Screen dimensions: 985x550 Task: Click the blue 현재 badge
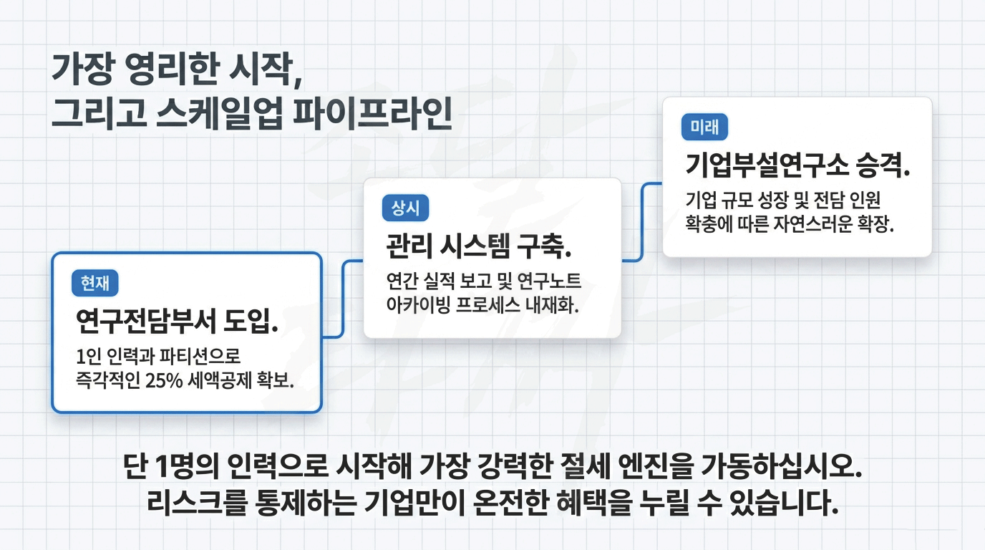point(95,284)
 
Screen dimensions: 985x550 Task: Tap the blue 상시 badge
point(406,208)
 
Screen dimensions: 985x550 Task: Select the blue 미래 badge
point(704,127)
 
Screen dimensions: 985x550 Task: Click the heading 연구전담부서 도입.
point(177,322)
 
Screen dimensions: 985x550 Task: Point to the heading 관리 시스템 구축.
point(479,248)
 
